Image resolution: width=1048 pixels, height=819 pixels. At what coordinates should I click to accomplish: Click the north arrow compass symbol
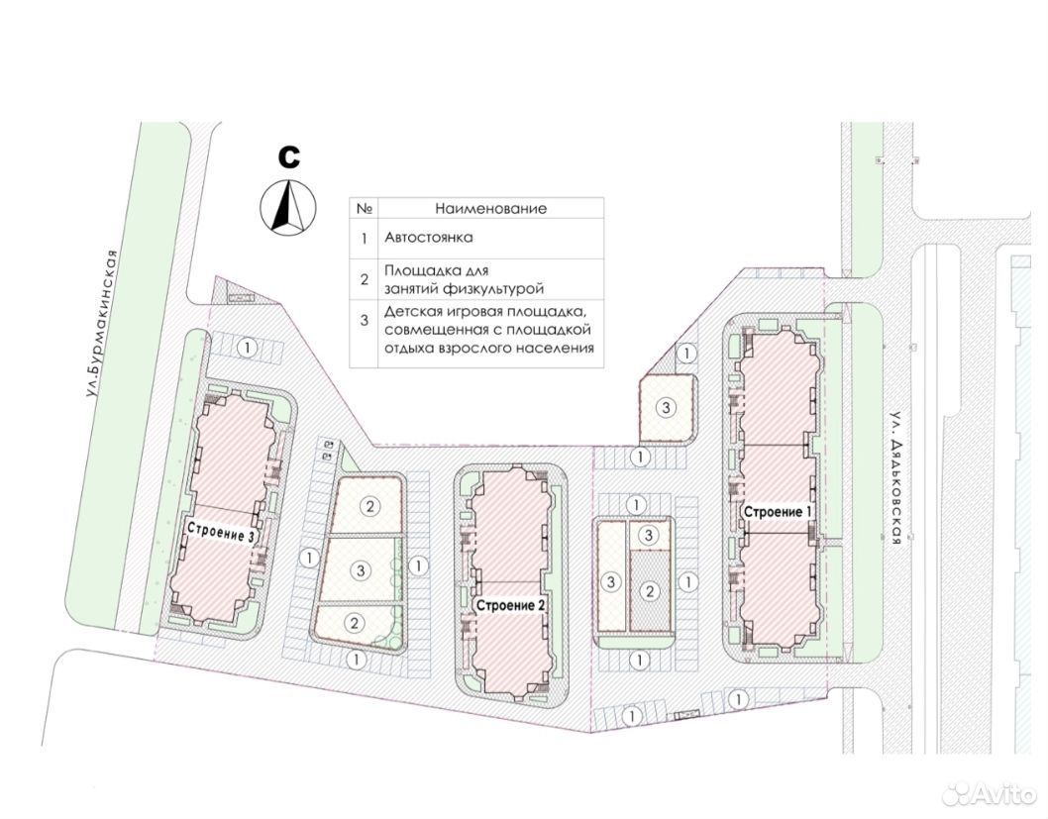288,206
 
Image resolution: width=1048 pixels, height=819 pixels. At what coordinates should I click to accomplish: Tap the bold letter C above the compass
288,157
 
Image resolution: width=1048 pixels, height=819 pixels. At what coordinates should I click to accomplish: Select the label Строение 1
778,512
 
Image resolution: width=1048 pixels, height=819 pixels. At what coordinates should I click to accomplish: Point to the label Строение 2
511,605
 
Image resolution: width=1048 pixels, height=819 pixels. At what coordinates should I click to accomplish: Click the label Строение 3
221,533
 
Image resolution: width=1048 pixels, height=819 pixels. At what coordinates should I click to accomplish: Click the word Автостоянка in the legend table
429,237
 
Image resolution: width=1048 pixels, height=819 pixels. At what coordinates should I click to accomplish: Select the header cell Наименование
490,208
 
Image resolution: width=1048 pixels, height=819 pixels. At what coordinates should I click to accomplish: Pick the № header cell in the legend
364,208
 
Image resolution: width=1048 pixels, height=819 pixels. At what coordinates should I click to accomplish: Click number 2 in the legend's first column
364,279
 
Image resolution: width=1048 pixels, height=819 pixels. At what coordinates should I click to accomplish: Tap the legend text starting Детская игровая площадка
488,330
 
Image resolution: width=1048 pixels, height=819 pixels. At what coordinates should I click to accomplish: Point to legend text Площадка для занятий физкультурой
464,280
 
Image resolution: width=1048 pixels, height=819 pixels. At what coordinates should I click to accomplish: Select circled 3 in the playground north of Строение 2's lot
665,406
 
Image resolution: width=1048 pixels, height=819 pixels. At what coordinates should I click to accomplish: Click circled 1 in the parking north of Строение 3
248,348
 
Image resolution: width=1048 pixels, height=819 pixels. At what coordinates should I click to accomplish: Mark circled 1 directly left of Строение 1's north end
687,353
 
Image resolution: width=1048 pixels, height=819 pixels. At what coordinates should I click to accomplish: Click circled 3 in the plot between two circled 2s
361,569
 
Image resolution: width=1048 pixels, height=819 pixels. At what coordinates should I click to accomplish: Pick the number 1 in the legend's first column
364,238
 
